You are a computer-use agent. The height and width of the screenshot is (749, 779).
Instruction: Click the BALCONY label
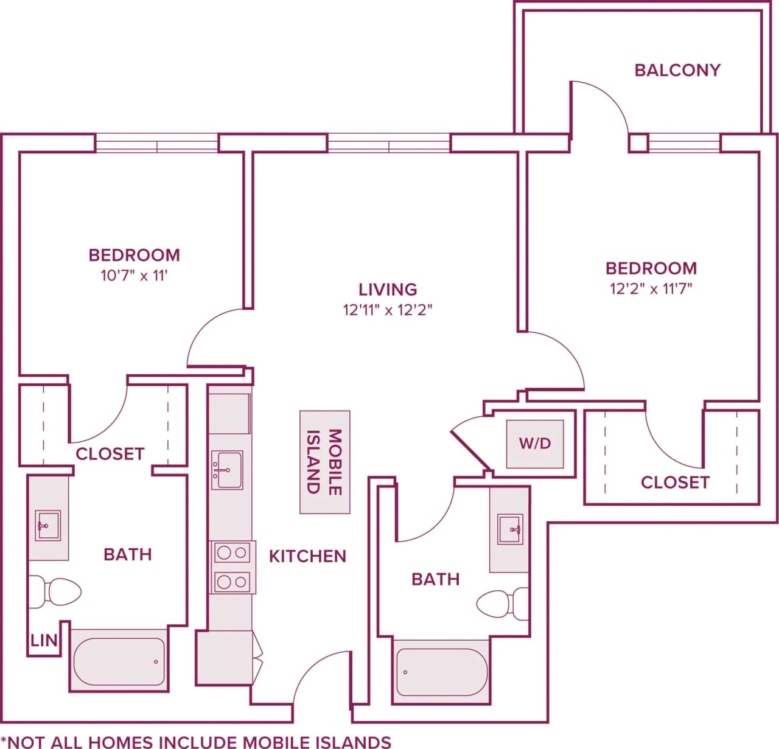click(677, 70)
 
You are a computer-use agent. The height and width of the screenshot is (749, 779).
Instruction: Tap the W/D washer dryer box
click(535, 444)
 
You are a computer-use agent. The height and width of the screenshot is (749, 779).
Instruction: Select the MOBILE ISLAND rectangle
click(325, 462)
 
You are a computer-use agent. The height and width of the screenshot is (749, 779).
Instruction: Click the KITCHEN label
click(307, 556)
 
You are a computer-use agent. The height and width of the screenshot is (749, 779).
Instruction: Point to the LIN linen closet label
click(44, 640)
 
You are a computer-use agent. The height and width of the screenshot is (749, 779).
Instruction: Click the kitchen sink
click(227, 470)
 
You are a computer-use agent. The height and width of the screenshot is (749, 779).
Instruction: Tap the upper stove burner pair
click(232, 553)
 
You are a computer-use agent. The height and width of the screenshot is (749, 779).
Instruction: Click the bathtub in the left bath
click(119, 661)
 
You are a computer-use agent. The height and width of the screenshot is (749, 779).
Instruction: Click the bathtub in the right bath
click(441, 672)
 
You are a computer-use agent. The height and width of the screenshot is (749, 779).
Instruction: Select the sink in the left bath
click(47, 526)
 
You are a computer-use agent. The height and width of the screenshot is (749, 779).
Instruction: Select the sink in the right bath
click(509, 529)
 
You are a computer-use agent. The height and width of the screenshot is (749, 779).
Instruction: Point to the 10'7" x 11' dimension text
click(134, 276)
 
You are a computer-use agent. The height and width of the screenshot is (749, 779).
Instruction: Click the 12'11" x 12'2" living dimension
click(387, 310)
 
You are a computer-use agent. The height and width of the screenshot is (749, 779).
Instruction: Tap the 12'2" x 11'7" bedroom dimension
click(651, 288)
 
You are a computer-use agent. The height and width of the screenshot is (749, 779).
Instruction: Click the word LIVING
click(388, 289)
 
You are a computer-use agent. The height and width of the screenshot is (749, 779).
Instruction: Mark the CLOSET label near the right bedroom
click(675, 482)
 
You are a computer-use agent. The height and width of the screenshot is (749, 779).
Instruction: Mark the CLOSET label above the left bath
click(110, 454)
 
